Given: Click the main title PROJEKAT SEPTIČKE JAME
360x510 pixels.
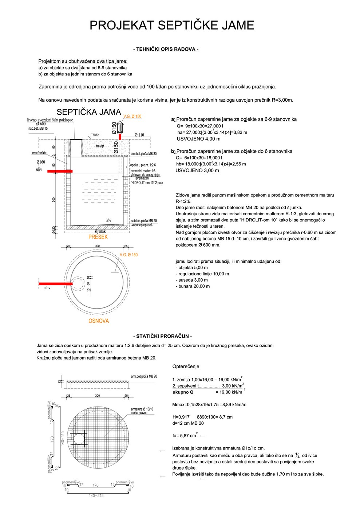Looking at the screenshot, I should click(x=172, y=25).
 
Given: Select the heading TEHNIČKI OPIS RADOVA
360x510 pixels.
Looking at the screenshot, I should click(x=166, y=49).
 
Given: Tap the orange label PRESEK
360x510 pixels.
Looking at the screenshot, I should click(x=98, y=237).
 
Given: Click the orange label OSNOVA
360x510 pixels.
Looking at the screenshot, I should click(x=99, y=321).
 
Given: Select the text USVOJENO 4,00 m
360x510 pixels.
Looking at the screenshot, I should click(x=198, y=139).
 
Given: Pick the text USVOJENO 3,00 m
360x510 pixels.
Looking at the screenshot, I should click(x=197, y=170).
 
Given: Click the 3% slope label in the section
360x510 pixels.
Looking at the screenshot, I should click(x=108, y=220).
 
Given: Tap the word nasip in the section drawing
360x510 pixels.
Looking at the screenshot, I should click(x=100, y=146).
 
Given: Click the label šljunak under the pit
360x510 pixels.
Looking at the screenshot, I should click(x=100, y=231).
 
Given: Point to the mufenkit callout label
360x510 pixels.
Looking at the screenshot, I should click(x=39, y=153).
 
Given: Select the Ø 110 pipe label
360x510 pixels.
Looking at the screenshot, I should click(x=139, y=135).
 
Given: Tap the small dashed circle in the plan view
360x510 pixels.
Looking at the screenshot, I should click(x=77, y=283).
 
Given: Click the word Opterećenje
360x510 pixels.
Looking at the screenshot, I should click(x=186, y=366).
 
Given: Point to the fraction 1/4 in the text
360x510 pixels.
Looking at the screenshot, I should click(x=297, y=455).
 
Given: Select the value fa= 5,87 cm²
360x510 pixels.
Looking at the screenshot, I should click(x=185, y=435).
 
